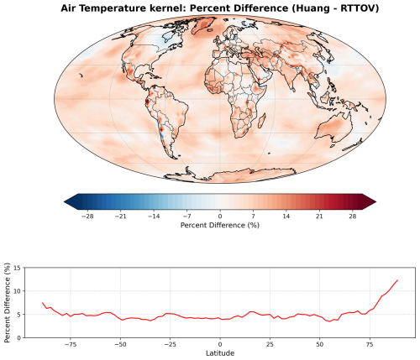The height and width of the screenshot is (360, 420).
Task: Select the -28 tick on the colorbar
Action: (x=86, y=215)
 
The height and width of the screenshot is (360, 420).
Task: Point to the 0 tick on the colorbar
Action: (x=220, y=215)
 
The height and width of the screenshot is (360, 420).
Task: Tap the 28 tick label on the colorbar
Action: (x=354, y=215)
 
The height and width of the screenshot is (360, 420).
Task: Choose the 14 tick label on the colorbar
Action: (x=286, y=215)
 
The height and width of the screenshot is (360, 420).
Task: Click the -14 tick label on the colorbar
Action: (x=153, y=215)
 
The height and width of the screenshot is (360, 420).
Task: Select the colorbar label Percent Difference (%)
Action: (x=219, y=226)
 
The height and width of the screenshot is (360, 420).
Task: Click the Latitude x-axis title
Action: (x=219, y=353)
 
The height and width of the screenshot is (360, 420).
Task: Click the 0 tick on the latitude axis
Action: (x=220, y=343)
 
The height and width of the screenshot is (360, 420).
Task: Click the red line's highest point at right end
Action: (x=397, y=280)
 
